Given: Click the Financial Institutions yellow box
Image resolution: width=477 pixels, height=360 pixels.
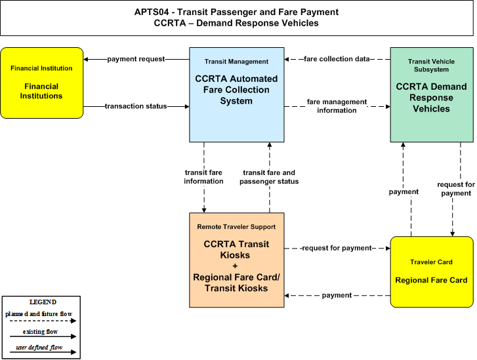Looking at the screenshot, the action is pyautogui.click(x=42, y=83).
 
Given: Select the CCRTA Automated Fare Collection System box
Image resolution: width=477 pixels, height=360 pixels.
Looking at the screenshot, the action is pyautogui.click(x=237, y=94).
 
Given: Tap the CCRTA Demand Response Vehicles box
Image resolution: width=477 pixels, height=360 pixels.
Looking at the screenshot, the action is pyautogui.click(x=432, y=94).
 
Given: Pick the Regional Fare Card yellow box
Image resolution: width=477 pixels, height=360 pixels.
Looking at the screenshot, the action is pyautogui.click(x=432, y=272).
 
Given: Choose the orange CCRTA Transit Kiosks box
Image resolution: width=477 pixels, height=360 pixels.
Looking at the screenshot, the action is pyautogui.click(x=237, y=260).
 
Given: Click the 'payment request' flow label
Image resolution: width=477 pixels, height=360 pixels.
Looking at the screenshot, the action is pyautogui.click(x=136, y=59).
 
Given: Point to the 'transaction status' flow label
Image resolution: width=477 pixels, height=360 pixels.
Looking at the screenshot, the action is pyautogui.click(x=136, y=106).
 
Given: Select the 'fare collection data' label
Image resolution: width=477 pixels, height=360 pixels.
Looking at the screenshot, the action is pyautogui.click(x=337, y=59).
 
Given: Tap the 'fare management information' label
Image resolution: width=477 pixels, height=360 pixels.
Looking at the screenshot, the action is pyautogui.click(x=337, y=106).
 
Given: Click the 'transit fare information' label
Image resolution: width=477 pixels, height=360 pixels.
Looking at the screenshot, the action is pyautogui.click(x=203, y=177).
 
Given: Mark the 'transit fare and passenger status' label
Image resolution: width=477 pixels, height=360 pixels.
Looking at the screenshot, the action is pyautogui.click(x=269, y=177).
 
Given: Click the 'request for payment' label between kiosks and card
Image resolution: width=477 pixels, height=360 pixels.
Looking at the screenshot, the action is pyautogui.click(x=337, y=248).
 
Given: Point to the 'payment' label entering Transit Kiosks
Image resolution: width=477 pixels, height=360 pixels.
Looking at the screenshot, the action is pyautogui.click(x=337, y=295).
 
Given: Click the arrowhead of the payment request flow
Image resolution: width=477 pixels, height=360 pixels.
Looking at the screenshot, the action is pyautogui.click(x=86, y=59).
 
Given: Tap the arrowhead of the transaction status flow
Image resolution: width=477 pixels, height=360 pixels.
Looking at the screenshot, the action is pyautogui.click(x=187, y=106).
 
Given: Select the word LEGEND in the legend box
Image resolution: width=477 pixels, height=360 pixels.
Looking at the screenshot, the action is pyautogui.click(x=43, y=302).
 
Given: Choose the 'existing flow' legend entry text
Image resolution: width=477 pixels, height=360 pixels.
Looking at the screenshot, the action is pyautogui.click(x=40, y=332).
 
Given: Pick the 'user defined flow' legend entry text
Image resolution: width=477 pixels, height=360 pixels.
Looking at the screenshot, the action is pyautogui.click(x=39, y=348).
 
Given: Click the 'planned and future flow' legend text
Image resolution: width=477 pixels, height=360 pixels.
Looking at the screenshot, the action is pyautogui.click(x=39, y=314).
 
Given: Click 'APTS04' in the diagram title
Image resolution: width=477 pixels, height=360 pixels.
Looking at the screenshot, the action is pyautogui.click(x=152, y=12).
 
